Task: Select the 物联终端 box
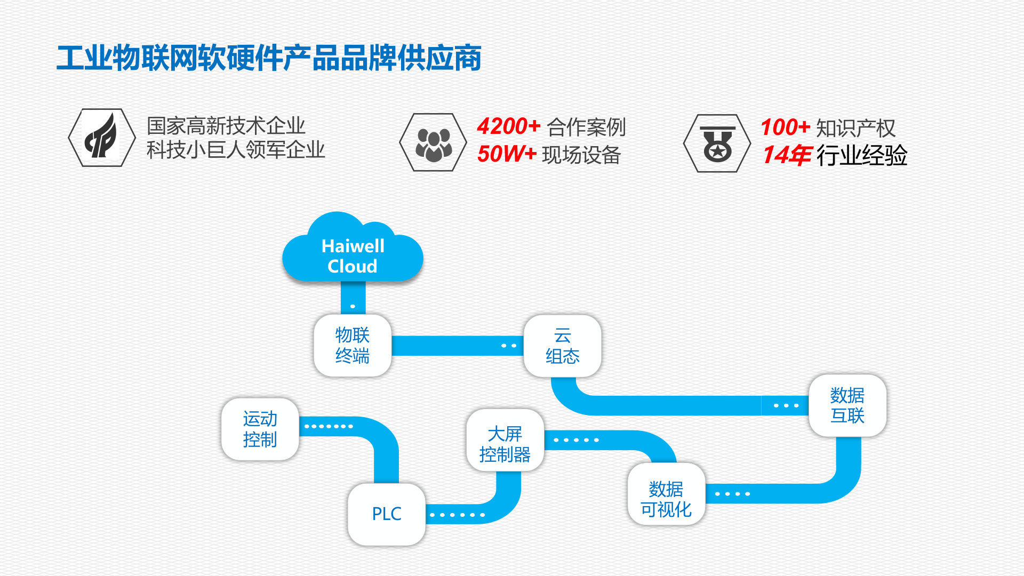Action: coord(353,346)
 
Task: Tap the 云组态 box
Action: coord(562,346)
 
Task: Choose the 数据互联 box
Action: coord(847,405)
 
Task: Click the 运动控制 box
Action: coord(260,429)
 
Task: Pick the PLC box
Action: coord(387,514)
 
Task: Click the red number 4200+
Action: coord(509,127)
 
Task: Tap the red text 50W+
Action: coord(507,154)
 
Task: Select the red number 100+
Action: coord(785,128)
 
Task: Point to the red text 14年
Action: coord(787,155)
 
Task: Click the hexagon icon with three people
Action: coord(433,142)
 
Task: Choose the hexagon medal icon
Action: coord(717,143)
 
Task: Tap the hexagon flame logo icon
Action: coord(102,138)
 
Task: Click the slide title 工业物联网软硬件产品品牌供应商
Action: coord(269,58)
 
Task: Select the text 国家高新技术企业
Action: coord(226,126)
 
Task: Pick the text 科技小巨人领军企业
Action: coord(236,150)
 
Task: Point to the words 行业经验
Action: coord(862,156)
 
